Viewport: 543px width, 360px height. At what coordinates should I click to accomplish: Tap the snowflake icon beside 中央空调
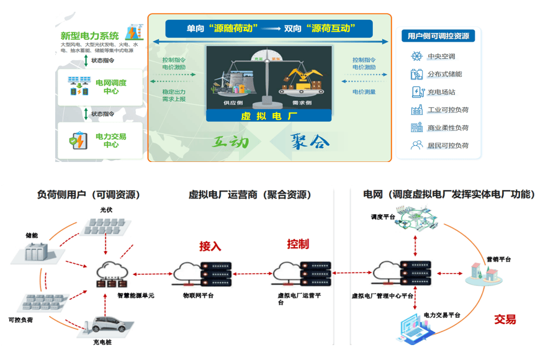pyautogui.click(x=416, y=56)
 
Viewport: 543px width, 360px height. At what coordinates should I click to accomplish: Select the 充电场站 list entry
pyautogui.click(x=442, y=92)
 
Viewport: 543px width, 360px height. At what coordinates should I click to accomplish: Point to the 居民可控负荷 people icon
pyautogui.click(x=416, y=145)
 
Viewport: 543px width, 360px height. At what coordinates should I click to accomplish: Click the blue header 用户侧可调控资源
pyautogui.click(x=438, y=36)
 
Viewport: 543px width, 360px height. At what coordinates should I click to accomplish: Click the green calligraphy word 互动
pyautogui.click(x=231, y=142)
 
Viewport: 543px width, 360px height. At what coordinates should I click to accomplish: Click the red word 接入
pyautogui.click(x=210, y=246)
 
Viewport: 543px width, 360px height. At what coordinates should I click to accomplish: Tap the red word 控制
pyautogui.click(x=298, y=244)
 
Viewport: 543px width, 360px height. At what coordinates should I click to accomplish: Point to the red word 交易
pyautogui.click(x=505, y=320)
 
